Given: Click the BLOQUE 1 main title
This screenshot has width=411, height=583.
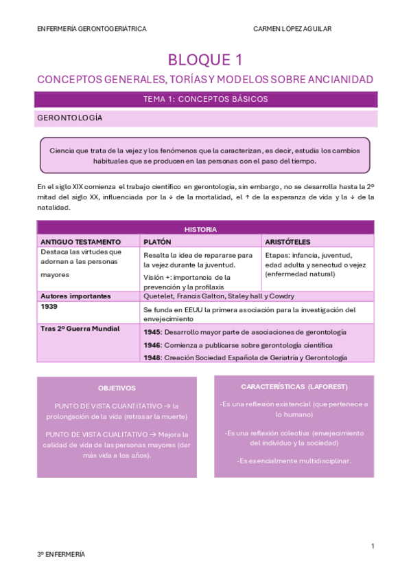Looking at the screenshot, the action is coord(205,60).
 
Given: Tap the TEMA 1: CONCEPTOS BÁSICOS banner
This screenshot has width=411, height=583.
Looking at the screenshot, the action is coord(205,99).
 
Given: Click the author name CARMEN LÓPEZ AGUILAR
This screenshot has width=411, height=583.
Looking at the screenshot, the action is coord(292,29).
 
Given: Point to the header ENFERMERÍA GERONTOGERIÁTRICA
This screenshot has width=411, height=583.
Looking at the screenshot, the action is coord(91,29).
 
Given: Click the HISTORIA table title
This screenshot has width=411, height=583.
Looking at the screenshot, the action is coord(205,229).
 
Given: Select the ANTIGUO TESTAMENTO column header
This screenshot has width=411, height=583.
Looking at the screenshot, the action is coord(80,242).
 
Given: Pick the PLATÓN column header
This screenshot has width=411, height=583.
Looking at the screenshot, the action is coord(157,242).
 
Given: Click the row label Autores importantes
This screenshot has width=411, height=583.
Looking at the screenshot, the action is coord(75,296).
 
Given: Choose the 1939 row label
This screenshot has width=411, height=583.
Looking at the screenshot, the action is coord(49,307).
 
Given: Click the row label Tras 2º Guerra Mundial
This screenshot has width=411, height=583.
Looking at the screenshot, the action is coord(80,329).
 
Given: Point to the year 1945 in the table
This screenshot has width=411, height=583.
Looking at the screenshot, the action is coord(152,332).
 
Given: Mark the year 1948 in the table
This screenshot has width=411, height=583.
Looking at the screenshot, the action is coord(152,357).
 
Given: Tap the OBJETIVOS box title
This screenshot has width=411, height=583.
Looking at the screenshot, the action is coord(116,388).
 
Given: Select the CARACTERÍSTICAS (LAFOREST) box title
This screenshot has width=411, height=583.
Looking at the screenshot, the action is coord(294,386).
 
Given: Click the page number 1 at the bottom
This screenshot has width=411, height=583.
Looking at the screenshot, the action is coord(372,546).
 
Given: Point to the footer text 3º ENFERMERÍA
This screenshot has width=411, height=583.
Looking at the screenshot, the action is coord(61,554).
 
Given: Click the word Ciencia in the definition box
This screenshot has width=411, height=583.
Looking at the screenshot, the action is coord(62,150).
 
